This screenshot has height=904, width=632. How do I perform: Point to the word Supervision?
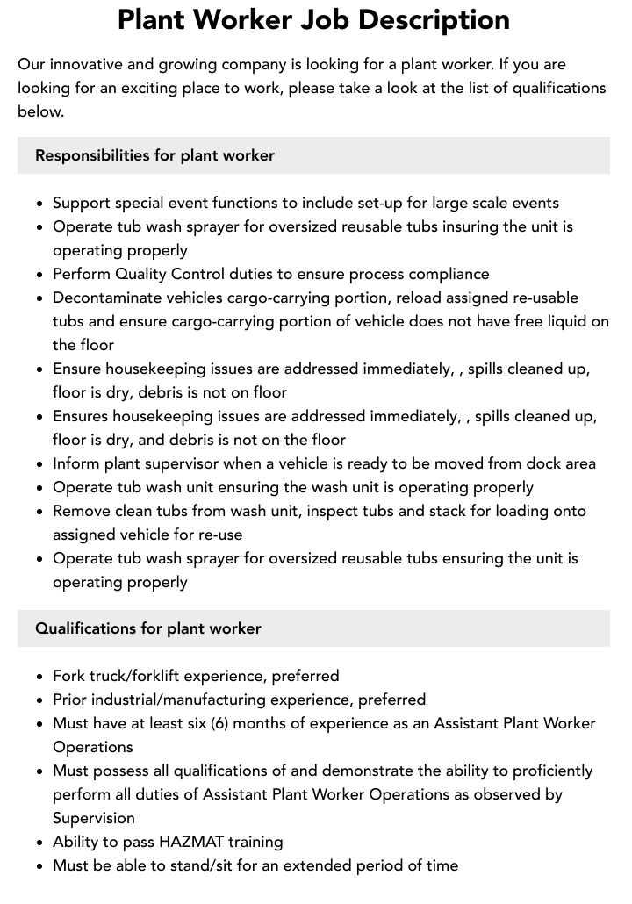(x=94, y=818)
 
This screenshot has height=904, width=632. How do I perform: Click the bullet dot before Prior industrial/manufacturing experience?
(x=39, y=700)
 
